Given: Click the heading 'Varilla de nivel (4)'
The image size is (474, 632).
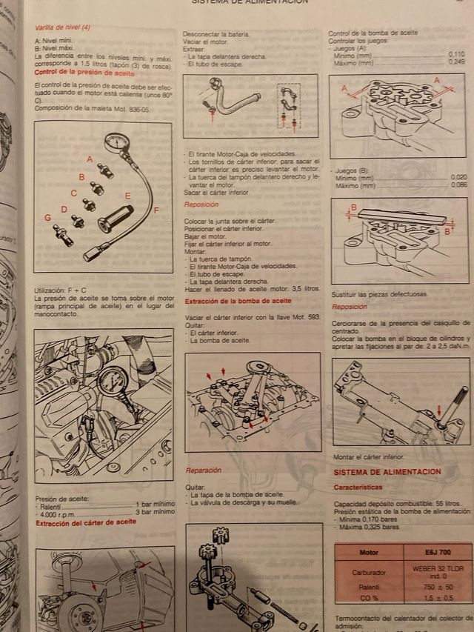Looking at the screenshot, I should click(63, 27).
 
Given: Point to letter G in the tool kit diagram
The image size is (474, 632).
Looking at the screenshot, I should click(47, 217).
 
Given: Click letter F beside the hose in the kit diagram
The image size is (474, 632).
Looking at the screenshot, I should click(156, 210).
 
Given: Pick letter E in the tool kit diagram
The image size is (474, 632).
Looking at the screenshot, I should click(127, 196).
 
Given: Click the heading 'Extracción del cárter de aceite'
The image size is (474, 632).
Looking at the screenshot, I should click(85, 522).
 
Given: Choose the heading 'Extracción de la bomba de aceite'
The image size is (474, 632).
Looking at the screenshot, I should click(237, 301).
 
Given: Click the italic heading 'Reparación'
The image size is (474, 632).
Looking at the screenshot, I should click(203, 470).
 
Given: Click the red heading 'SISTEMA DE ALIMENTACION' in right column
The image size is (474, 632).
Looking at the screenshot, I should click(387, 472).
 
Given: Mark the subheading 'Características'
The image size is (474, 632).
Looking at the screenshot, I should click(358, 488).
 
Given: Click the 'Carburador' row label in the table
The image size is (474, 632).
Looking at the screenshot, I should click(369, 571).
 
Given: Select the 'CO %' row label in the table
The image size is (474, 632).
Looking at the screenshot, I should click(369, 597).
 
